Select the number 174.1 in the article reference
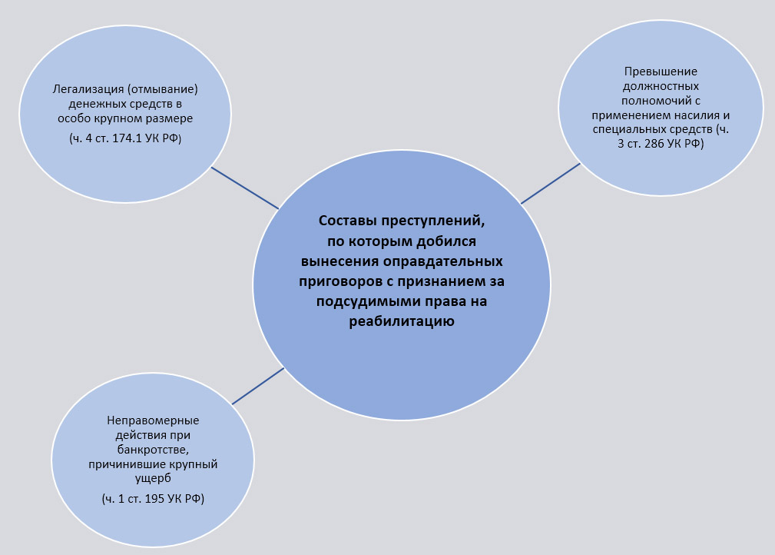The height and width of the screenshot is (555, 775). click(128, 138)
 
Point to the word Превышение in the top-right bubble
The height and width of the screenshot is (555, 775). click(661, 71)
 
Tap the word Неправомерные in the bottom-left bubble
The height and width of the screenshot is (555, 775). click(153, 421)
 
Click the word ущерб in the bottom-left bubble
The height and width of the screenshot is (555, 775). click(153, 479)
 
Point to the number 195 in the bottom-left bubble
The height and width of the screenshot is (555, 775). click(154, 499)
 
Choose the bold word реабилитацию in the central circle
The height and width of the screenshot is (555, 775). click(402, 321)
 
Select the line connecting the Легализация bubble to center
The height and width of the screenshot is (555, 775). click(245, 188)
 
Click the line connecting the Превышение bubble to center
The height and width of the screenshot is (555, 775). click(551, 184)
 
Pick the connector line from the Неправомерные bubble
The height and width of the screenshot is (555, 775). click(258, 386)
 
